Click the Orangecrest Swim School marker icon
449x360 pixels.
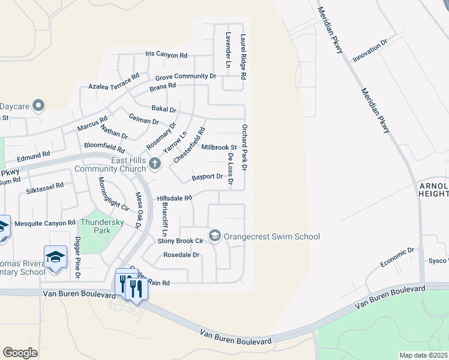(x=215, y=235)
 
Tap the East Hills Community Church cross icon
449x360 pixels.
(x=155, y=163)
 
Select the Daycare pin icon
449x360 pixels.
(x=38, y=106)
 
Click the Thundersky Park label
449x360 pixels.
(x=103, y=226)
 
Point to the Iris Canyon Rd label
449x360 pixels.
(x=167, y=55)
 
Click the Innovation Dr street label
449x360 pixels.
(x=370, y=50)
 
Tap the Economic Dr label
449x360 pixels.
(x=397, y=258)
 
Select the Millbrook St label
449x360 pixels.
(x=219, y=147)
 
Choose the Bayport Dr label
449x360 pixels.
(x=208, y=178)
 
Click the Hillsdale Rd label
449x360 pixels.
(x=174, y=198)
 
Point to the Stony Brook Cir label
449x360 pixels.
(x=181, y=241)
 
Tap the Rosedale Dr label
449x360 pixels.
(x=181, y=255)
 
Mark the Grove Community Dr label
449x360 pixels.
(x=185, y=77)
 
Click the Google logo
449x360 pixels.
(x=20, y=352)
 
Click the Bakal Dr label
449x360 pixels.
(x=164, y=110)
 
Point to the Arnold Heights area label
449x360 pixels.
(x=433, y=189)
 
